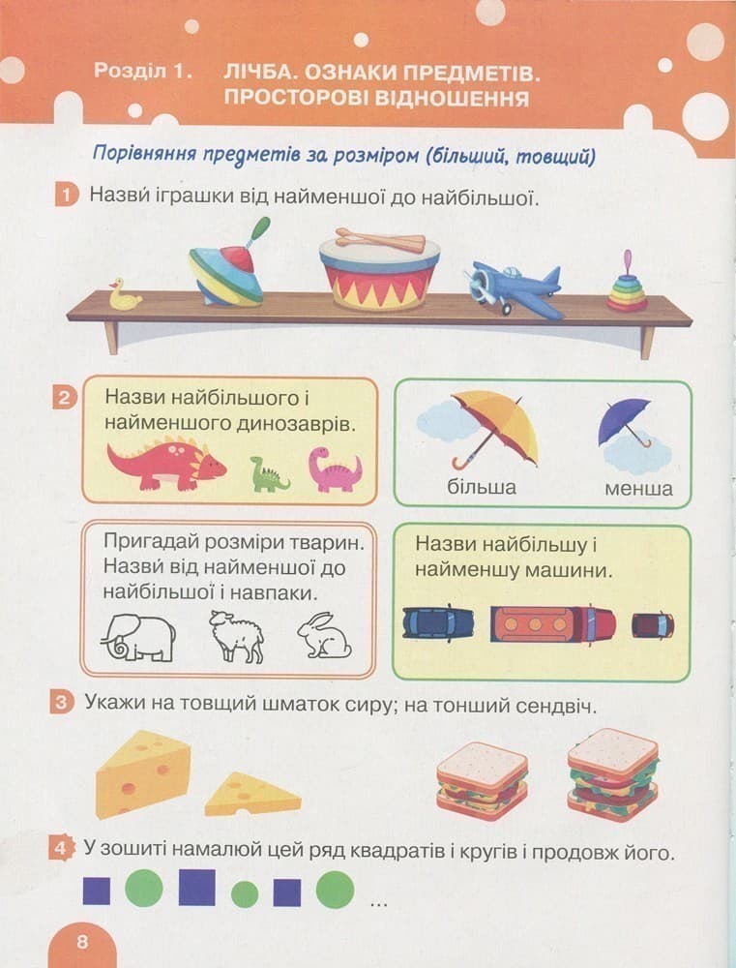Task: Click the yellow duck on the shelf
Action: pos(125,295)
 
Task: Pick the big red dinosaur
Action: pos(165,463)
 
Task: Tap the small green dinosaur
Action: pos(268,474)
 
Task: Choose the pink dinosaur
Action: pos(335,469)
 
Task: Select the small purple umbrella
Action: pos(624,423)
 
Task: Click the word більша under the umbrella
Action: pos(482,486)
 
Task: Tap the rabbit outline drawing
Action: pos(323,637)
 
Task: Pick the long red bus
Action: pos(552,623)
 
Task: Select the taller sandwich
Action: pos(612,775)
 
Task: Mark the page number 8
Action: pos(82,942)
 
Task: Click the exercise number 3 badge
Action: pos(62,704)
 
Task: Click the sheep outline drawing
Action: pos(237,636)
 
